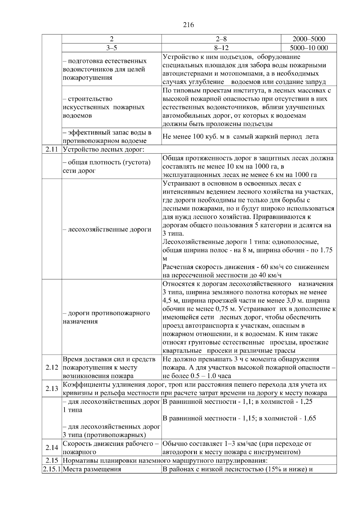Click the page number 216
188,25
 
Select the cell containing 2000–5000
309,39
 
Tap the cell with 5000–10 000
309,48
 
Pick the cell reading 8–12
221,48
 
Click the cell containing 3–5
112,48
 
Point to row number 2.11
52,149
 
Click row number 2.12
52,368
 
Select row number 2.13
52,388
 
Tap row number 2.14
52,448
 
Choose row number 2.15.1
52,469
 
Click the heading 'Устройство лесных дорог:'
104,149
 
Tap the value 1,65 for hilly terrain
310,418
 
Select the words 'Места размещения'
92,469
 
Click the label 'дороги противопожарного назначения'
106,317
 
